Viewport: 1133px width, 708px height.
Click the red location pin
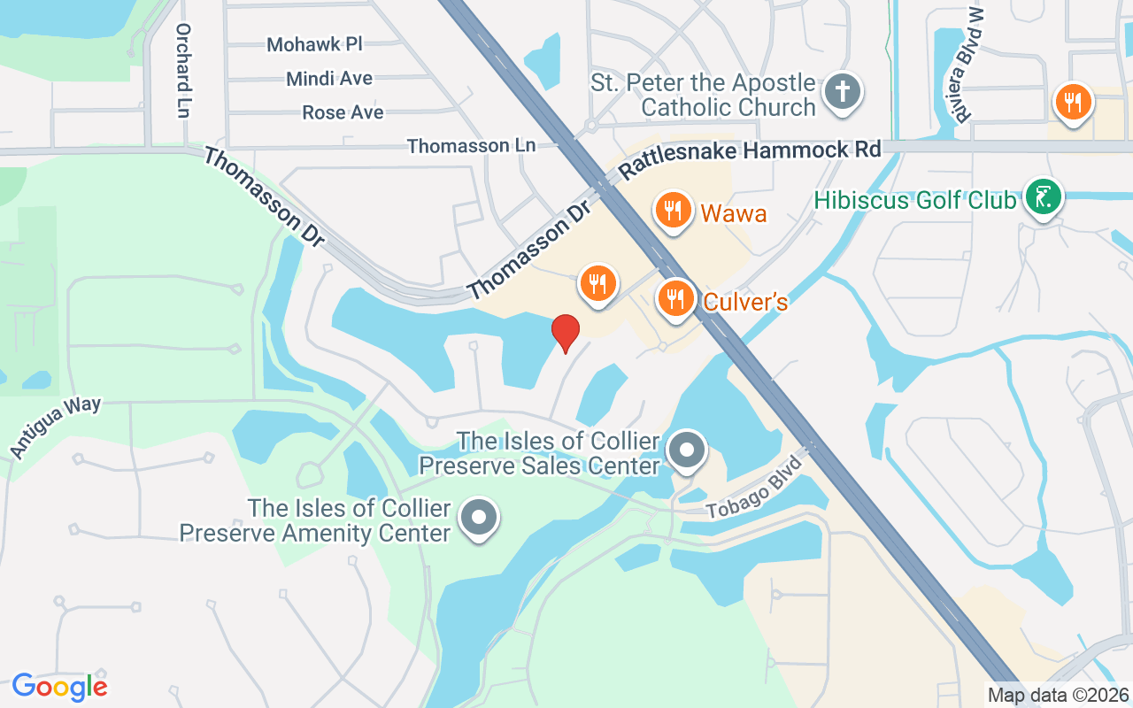566,333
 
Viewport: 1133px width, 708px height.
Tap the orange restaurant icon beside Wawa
674,211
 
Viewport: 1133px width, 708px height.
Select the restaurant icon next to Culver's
676,298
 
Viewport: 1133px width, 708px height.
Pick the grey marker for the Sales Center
687,450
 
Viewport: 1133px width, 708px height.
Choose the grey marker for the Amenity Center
480,519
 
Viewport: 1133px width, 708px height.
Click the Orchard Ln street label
183,70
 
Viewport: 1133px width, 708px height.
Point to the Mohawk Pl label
315,44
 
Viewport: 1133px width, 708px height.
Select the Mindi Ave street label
329,79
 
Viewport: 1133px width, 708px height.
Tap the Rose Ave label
343,112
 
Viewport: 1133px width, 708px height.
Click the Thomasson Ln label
471,145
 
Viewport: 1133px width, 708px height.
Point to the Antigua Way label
56,427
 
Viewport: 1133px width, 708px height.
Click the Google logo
59,686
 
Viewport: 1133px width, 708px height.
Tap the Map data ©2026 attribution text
1057,696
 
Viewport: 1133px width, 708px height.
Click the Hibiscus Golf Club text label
914,200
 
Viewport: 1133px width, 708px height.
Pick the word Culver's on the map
745,302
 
